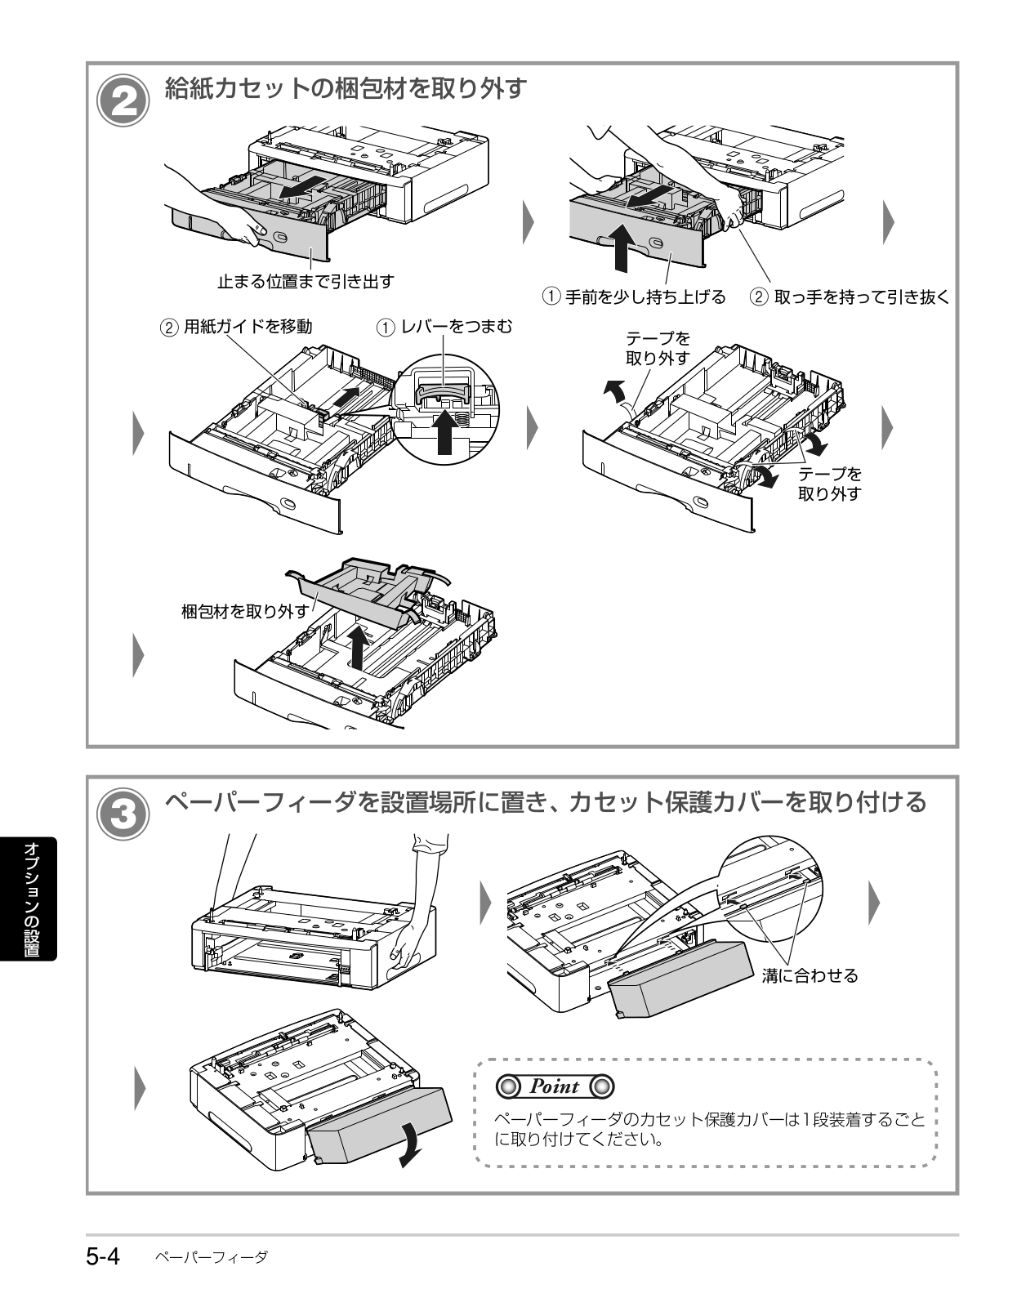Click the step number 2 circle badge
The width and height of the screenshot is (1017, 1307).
pos(123,100)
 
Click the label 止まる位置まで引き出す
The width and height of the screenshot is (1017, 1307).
pos(306,281)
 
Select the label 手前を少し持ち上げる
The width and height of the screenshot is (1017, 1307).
pos(645,297)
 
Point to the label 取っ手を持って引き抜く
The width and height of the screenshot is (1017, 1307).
pos(861,297)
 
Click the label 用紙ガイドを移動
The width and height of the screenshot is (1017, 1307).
pos(248,327)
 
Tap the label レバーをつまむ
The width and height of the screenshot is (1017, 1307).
pos(457,327)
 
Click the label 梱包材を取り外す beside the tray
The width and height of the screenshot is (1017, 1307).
pos(245,611)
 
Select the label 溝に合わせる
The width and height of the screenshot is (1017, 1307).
pos(810,975)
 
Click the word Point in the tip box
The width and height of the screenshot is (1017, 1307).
pos(554,1086)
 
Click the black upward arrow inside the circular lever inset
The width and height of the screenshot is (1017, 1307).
pos(444,431)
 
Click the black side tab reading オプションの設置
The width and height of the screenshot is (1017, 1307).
pos(29,899)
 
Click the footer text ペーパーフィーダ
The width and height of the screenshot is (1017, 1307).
pos(211,1257)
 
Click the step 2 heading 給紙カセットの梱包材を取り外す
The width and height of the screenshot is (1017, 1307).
pos(346,88)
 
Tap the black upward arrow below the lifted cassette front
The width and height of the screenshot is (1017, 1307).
pos(621,247)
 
